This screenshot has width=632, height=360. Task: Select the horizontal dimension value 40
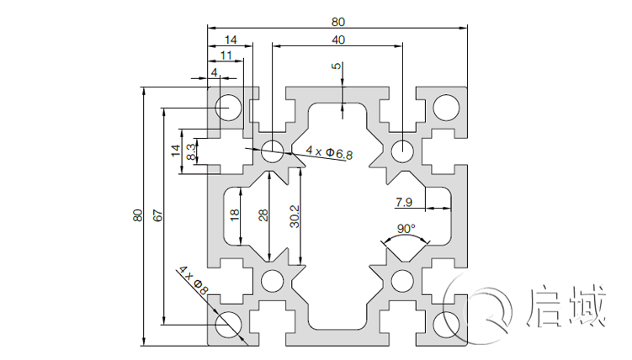(337, 40)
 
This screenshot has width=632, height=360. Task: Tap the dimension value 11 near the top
(226, 55)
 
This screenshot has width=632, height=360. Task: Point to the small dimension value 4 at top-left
(215, 72)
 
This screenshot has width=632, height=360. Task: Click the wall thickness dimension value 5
(337, 66)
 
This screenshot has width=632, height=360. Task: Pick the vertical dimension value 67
(157, 215)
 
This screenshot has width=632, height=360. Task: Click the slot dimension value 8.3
(193, 152)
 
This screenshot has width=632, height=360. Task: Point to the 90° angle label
(406, 229)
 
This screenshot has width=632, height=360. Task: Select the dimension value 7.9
(403, 202)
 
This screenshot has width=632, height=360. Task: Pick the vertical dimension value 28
(263, 215)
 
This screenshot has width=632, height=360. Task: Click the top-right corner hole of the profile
(446, 107)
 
